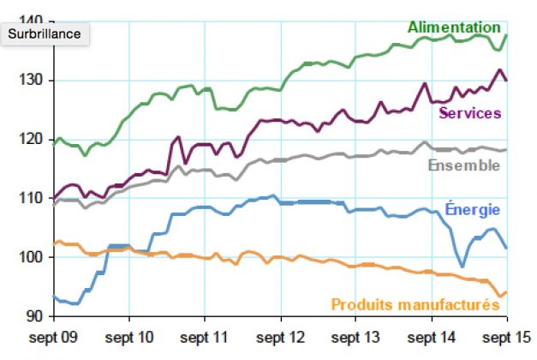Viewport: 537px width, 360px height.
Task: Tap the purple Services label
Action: [469, 113]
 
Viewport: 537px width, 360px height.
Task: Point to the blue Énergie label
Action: [472, 208]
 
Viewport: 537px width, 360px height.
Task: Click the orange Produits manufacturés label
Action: [415, 303]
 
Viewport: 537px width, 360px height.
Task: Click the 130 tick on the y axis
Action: [33, 81]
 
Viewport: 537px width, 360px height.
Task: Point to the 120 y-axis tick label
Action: [33, 140]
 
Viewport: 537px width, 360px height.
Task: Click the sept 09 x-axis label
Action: [53, 335]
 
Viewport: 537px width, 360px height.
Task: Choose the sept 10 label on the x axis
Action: [129, 335]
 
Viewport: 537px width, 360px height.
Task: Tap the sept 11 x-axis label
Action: [206, 335]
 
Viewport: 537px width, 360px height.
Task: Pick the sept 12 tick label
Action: [281, 335]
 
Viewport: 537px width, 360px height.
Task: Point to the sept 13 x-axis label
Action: [355, 335]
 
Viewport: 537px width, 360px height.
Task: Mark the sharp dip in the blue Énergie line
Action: [462, 267]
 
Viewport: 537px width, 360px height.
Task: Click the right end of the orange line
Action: [506, 292]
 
